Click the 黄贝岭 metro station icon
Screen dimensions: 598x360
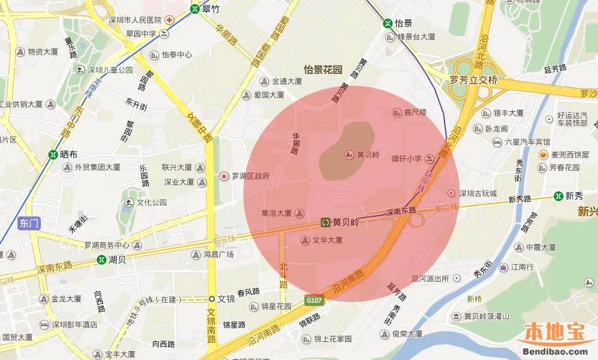click(x=326, y=222)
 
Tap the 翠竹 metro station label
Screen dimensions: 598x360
click(x=210, y=10)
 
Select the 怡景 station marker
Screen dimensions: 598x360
click(x=388, y=22)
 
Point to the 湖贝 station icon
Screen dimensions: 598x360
click(x=102, y=260)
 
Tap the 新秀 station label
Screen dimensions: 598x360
click(x=574, y=196)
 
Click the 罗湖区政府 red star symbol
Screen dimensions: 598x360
click(x=224, y=177)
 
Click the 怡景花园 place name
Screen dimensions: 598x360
click(x=323, y=70)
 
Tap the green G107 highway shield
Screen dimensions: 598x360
click(x=314, y=300)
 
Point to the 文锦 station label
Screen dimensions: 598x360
click(x=227, y=299)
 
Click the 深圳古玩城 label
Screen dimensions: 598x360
click(x=478, y=193)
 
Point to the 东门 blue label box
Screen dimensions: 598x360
click(x=30, y=223)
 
